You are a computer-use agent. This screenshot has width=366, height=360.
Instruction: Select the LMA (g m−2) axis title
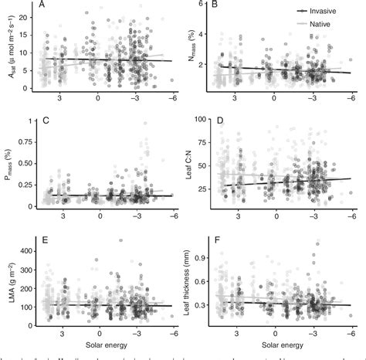6,281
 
